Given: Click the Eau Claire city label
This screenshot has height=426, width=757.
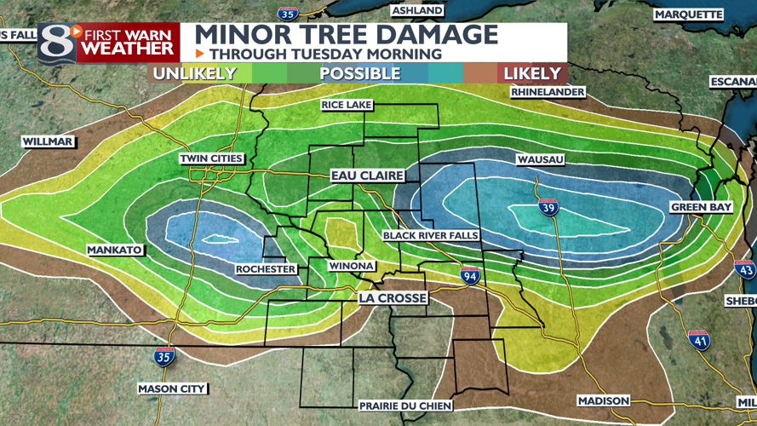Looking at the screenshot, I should pos(366,176).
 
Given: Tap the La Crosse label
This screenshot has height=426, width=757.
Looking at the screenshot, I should pos(392,298).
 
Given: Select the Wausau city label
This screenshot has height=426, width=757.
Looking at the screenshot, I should pos(540,159).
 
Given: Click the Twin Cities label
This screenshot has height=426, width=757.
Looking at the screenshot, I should pos(211,158).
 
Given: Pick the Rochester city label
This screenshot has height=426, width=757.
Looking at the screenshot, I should pos(266,269).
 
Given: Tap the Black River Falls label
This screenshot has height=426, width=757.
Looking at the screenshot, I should pos(430,235).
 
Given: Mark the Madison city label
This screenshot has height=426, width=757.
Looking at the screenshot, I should pos(603,400).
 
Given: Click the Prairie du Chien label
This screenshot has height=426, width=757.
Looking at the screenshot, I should pos(405,406).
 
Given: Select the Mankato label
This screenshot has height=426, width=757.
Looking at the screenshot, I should pos(114,250).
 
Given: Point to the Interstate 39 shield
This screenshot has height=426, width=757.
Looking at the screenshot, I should pos(548,206).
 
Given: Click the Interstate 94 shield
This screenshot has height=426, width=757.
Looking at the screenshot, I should pos(469,274).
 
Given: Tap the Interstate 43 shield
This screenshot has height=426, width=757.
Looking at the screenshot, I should pos(745,269).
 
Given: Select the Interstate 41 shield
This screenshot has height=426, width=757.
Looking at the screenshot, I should pos(698,339).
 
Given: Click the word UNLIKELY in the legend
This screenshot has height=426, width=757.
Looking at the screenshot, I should pos(194,74).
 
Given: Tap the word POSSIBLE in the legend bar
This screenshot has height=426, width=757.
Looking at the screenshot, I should pos(359,74).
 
